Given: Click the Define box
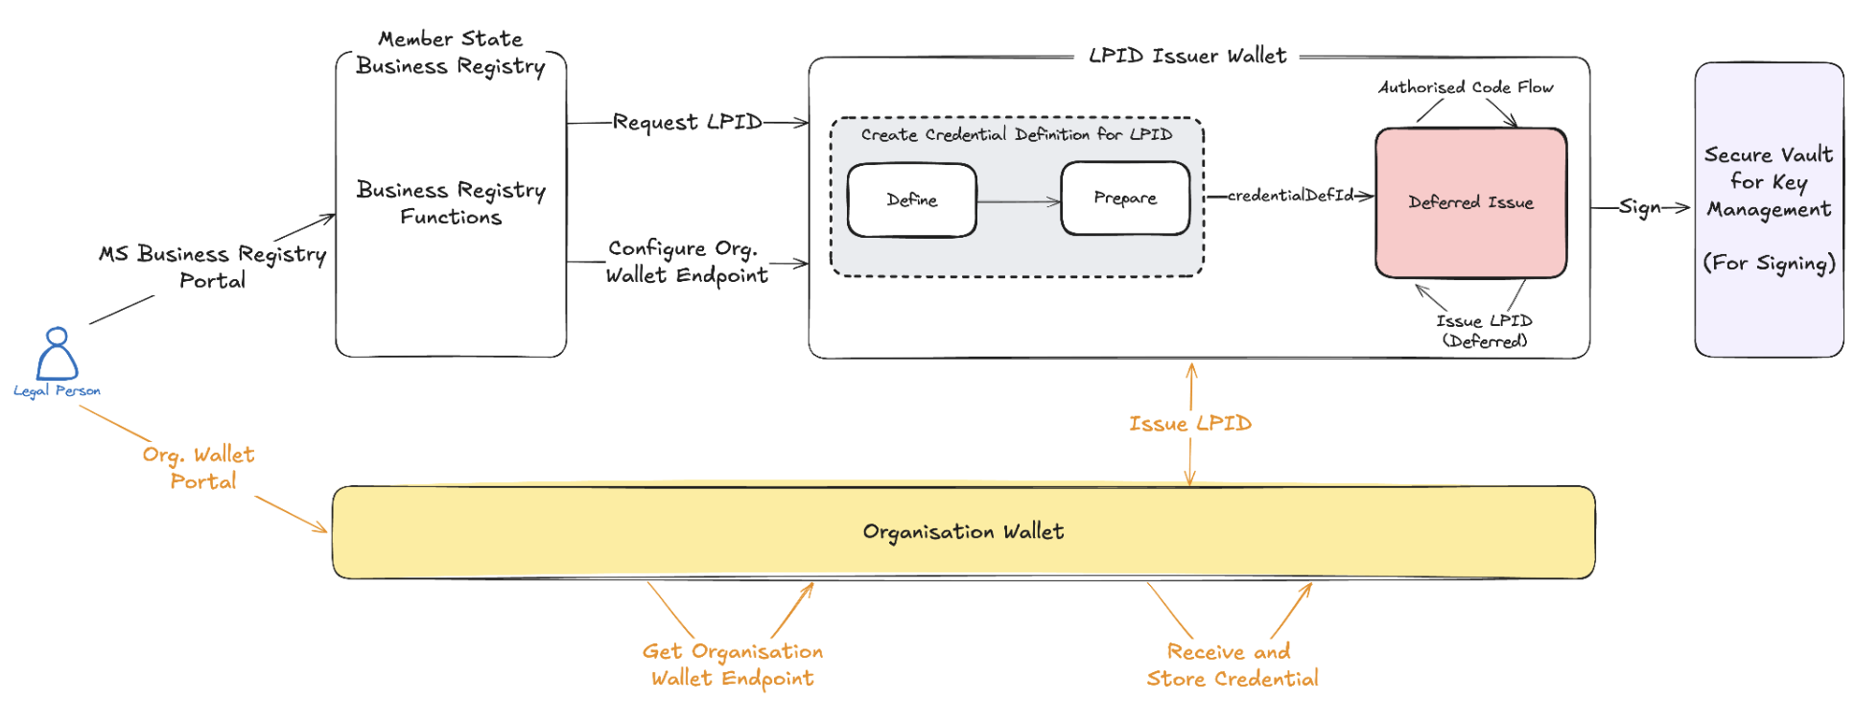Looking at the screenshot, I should click(x=911, y=199).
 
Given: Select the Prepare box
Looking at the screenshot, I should click(x=1124, y=198).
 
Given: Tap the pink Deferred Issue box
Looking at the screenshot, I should click(x=1470, y=202).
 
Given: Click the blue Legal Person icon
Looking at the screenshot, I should click(x=57, y=354).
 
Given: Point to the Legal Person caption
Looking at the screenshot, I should click(x=57, y=390).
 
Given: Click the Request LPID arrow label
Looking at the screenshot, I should click(x=687, y=123).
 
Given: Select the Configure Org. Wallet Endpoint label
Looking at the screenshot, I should click(x=686, y=262).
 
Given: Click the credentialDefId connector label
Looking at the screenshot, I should click(x=1289, y=196).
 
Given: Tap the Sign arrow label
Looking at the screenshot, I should click(x=1639, y=207).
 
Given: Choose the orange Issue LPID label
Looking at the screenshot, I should click(x=1189, y=423).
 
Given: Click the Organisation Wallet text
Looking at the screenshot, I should click(x=963, y=531).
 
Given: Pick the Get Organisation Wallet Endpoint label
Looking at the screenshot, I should click(x=732, y=665).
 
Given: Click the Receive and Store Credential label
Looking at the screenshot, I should click(x=1232, y=665).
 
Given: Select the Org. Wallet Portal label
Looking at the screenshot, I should click(x=199, y=467).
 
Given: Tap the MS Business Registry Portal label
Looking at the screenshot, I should click(x=212, y=267).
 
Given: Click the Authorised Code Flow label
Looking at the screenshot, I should click(x=1466, y=87).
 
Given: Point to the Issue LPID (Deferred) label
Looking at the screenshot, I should click(x=1484, y=331).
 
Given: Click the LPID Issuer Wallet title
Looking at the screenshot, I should click(x=1186, y=56).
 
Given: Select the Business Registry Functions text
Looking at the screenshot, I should click(x=451, y=202).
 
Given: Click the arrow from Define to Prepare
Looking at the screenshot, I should click(x=1018, y=201).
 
